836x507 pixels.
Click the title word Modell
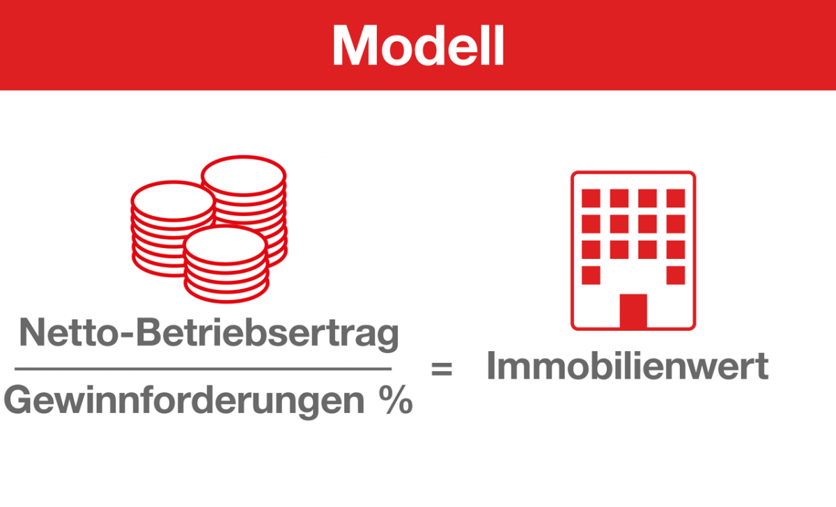[419, 45]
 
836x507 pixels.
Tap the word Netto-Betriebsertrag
[209, 334]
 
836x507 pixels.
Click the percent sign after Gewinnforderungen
[396, 400]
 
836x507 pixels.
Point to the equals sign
[442, 368]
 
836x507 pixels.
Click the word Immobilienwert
[628, 365]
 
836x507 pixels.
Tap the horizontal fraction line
[203, 368]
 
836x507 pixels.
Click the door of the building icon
[633, 311]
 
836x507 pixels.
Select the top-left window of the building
[591, 198]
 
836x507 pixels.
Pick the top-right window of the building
[676, 198]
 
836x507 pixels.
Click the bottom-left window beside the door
[591, 275]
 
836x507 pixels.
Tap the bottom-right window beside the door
[676, 275]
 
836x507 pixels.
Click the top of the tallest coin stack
[244, 175]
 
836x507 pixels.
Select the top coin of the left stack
[173, 201]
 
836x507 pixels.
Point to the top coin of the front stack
[226, 245]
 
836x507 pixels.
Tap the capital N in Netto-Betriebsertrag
[33, 332]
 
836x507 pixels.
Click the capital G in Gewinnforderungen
[17, 400]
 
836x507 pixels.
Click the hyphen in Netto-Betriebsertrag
[127, 335]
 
